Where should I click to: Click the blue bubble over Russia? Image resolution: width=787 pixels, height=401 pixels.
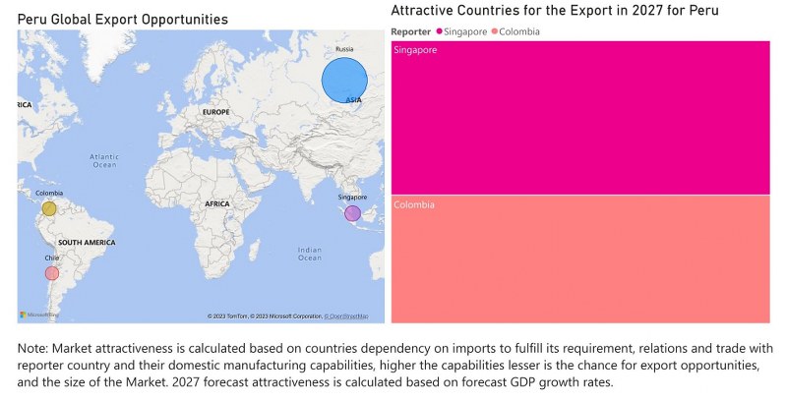[x=345, y=80]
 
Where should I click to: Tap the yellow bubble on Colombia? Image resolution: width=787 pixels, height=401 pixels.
[x=49, y=208]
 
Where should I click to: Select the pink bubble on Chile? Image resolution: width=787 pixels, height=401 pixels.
[x=52, y=272]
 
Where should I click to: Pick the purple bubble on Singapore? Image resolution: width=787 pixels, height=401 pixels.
[x=352, y=213]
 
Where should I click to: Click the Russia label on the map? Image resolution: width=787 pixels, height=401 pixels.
[x=344, y=49]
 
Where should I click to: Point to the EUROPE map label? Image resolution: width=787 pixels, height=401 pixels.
[x=215, y=112]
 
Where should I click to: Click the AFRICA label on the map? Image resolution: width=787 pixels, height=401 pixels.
[x=216, y=203]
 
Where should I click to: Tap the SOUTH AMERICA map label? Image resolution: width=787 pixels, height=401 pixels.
[x=86, y=242]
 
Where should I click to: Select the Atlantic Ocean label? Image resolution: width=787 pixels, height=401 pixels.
[x=103, y=160]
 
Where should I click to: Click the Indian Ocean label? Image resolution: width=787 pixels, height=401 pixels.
[x=309, y=254]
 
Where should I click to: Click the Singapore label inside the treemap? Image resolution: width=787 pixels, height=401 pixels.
[x=414, y=49]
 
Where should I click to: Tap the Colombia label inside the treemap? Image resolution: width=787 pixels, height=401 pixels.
[x=413, y=204]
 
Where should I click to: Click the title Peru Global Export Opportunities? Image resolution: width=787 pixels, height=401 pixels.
[x=123, y=19]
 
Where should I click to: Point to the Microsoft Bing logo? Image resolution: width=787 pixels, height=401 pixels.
[x=39, y=315]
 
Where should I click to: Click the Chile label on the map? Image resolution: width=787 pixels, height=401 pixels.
[x=51, y=258]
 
